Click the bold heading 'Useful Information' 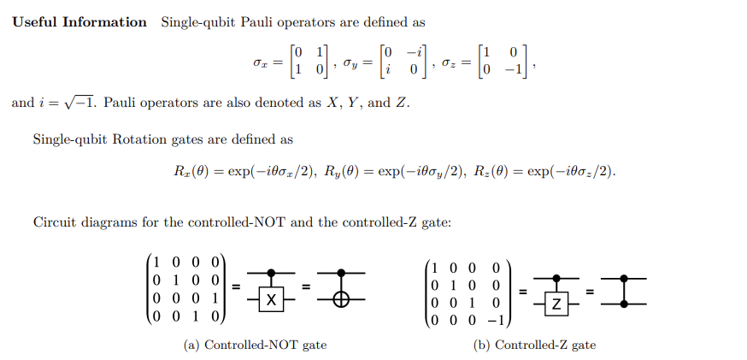point(79,22)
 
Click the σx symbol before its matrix point(253,63)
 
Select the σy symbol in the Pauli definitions point(350,63)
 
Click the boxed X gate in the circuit point(270,299)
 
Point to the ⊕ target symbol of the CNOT point(344,299)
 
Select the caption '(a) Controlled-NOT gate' point(255,345)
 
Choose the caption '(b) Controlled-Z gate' point(535,345)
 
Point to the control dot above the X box point(270,273)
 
